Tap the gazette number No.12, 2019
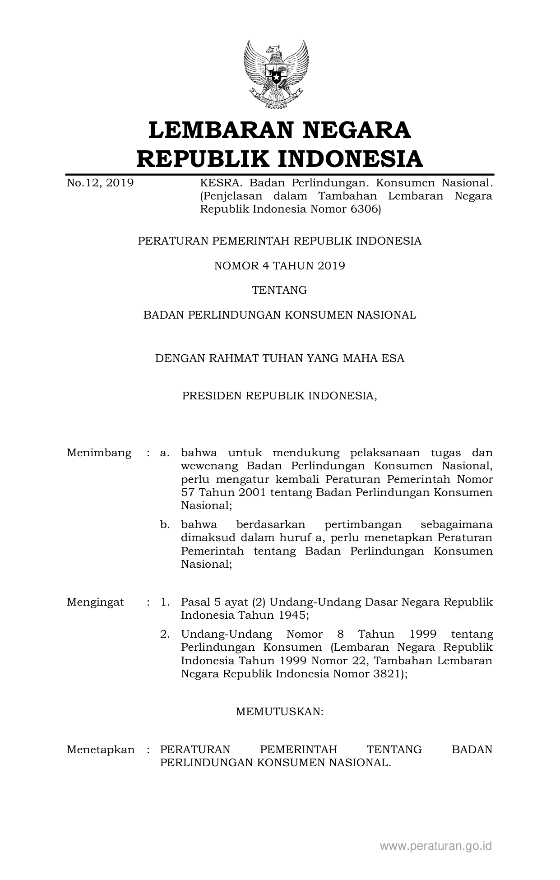coord(100,183)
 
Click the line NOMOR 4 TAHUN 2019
coord(279,266)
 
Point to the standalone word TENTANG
coord(279,290)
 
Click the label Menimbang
coord(99,453)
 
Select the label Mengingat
coord(95,602)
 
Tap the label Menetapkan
coord(101,750)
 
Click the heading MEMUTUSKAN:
coord(279,712)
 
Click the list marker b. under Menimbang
coord(165,525)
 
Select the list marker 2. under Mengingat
coord(165,635)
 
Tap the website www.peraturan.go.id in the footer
coord(435,846)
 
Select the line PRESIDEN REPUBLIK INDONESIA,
coord(279,396)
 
